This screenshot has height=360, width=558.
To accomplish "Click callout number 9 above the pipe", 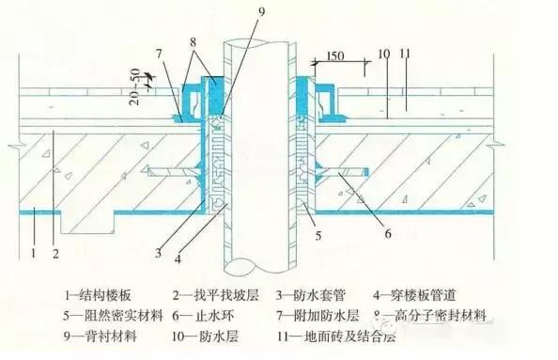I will tap(260, 12).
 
